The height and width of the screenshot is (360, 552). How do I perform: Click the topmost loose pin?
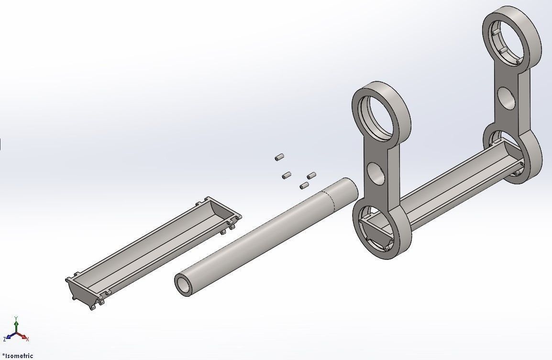279,157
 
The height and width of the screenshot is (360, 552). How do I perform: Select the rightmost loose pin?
311,175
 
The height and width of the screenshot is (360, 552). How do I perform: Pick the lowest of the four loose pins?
304,185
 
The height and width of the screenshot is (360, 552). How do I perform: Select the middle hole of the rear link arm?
507,98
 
